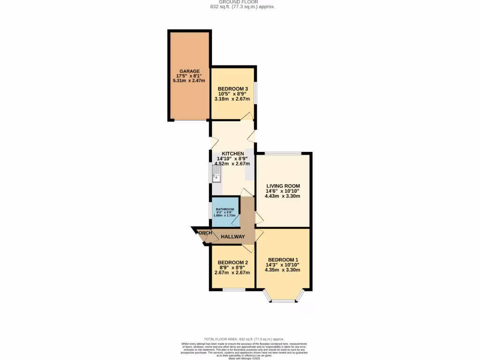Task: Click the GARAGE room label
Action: pyautogui.click(x=189, y=71)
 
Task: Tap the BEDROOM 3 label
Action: pyautogui.click(x=232, y=89)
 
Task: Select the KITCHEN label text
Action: pyautogui.click(x=232, y=154)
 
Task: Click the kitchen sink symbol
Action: pyautogui.click(x=217, y=177)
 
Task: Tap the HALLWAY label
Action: pyautogui.click(x=233, y=237)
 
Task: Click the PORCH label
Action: pyautogui.click(x=204, y=233)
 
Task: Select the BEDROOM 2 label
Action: pyautogui.click(x=232, y=262)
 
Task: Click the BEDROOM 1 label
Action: pyautogui.click(x=283, y=260)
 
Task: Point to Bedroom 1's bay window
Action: pyautogui.click(x=283, y=300)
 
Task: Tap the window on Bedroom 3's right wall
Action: pyautogui.click(x=255, y=92)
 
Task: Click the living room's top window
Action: pyautogui.click(x=283, y=153)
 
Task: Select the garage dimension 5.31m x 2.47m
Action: pyautogui.click(x=189, y=81)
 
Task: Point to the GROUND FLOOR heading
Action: pyautogui.click(x=241, y=2)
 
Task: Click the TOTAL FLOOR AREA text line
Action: pyautogui.click(x=244, y=339)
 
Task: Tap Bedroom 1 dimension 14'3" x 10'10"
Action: pyautogui.click(x=283, y=265)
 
